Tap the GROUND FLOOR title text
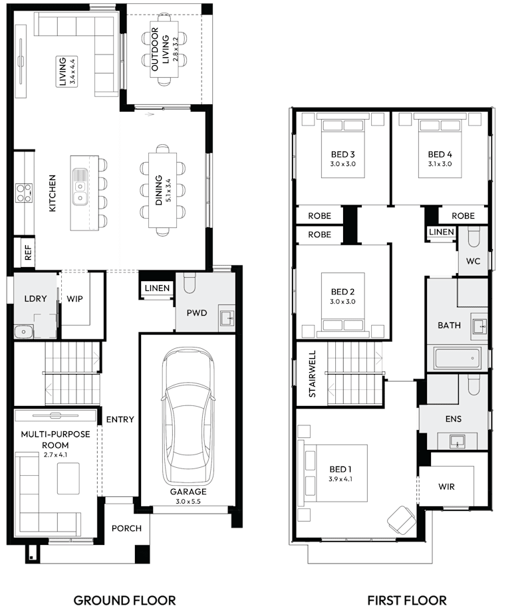124,600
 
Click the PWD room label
196,312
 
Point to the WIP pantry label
74,298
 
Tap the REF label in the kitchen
27,252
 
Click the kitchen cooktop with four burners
25,192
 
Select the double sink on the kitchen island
80,186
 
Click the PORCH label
126,528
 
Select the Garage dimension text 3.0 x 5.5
188,502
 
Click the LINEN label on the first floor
442,232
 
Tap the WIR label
447,486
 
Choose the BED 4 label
440,155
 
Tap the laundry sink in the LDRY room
23,330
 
